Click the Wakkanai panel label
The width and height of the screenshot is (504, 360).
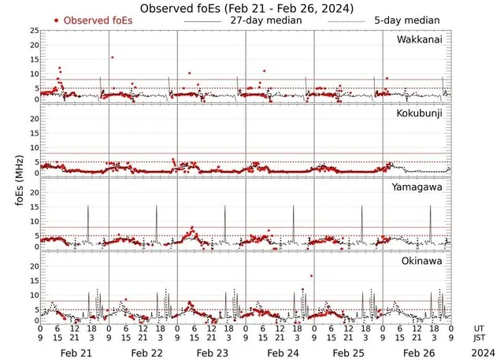tap(419, 40)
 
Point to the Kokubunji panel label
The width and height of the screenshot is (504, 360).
tap(421, 114)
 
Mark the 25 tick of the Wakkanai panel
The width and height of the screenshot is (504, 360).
tap(34, 31)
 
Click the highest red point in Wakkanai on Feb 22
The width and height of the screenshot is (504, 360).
tap(113, 57)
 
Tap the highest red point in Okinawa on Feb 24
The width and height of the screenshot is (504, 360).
tap(312, 276)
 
